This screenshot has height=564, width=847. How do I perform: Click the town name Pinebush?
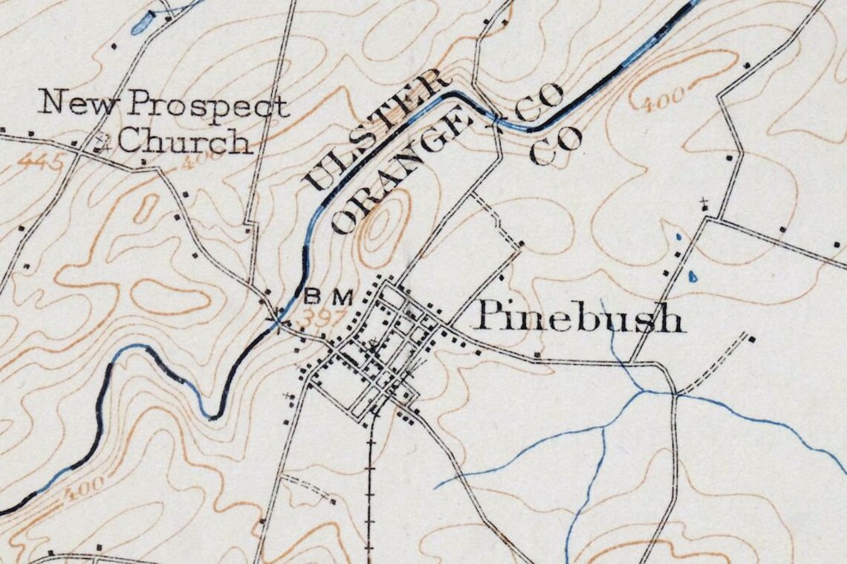tap(579, 317)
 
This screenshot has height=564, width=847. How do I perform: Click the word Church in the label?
tap(184, 140)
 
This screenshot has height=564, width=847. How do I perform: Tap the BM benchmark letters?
tap(327, 296)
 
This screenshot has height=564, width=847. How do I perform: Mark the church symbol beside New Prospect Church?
tap(103, 143)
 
